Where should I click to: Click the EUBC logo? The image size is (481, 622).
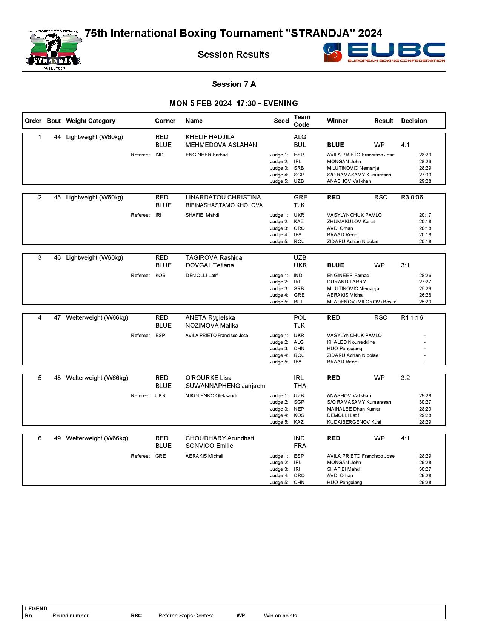(x=384, y=52)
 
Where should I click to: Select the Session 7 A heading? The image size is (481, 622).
(x=234, y=84)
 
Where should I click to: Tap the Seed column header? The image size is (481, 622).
(x=281, y=121)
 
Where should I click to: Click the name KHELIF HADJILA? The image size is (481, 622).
(x=210, y=137)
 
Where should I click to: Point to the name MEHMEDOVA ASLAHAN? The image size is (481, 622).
(x=221, y=145)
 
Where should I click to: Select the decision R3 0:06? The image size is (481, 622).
(x=412, y=198)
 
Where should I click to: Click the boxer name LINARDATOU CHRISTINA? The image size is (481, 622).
(x=223, y=198)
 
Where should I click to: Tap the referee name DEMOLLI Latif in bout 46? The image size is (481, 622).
(x=201, y=276)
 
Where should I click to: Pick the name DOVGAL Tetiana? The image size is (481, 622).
(x=209, y=265)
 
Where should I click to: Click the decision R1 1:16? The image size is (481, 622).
(x=412, y=318)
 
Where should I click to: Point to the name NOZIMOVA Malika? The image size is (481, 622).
(x=212, y=326)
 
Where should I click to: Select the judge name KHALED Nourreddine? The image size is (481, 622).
(x=351, y=342)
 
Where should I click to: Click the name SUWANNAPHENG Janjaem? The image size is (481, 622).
(x=225, y=386)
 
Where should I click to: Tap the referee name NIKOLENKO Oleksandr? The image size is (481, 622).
(x=211, y=396)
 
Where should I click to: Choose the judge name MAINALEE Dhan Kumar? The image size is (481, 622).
(x=353, y=409)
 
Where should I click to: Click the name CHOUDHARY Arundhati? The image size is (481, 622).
(x=220, y=438)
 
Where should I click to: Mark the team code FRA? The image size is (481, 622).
(x=300, y=446)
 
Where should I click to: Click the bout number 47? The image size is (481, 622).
(x=57, y=318)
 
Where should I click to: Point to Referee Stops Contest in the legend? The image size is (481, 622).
(x=186, y=616)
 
